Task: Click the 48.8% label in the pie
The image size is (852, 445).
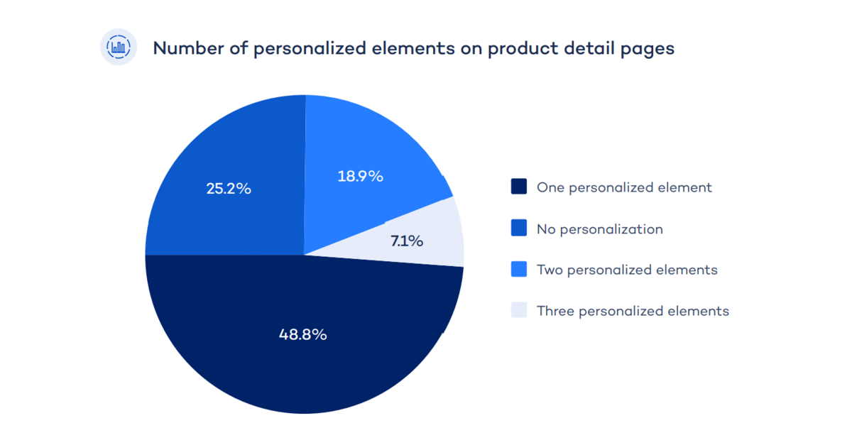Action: click(x=303, y=334)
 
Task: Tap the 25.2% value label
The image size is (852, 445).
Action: click(x=229, y=189)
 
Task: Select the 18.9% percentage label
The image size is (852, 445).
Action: click(x=360, y=176)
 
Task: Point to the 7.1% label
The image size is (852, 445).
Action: click(x=407, y=241)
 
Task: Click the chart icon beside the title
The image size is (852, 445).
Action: click(x=118, y=48)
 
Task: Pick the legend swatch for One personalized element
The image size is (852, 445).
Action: click(x=519, y=187)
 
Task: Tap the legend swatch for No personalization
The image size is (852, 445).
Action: click(x=519, y=229)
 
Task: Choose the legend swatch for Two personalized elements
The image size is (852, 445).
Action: click(x=519, y=270)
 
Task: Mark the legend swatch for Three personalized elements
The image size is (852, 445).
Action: click(x=519, y=311)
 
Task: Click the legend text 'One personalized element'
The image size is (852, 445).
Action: click(x=624, y=188)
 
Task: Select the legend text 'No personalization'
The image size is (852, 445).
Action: click(x=600, y=229)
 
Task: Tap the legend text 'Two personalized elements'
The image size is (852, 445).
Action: click(x=627, y=270)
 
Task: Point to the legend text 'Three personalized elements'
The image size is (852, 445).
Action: click(x=633, y=312)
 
